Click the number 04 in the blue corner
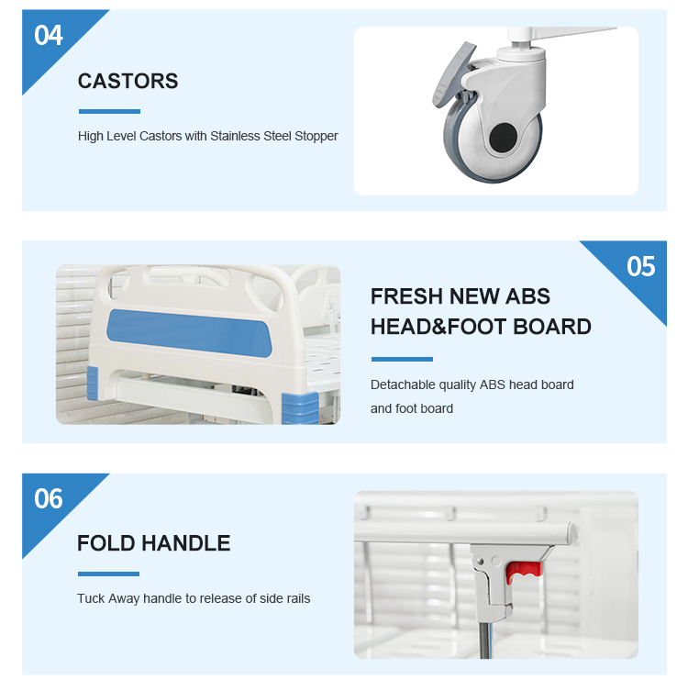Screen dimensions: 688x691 point(49,35)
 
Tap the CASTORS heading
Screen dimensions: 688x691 point(128,81)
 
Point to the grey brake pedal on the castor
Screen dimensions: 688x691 point(454,74)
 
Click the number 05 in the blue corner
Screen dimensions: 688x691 point(641,267)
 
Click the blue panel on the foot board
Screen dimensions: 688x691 point(189,333)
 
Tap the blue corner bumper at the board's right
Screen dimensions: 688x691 point(300,407)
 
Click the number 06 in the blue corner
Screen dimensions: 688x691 point(49,499)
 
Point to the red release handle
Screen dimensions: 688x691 point(523,572)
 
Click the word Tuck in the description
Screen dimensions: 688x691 point(91,598)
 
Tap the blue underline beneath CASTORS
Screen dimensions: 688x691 point(110,111)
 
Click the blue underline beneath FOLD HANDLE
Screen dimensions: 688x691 point(109,574)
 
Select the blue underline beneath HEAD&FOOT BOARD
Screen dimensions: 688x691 point(402,359)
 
